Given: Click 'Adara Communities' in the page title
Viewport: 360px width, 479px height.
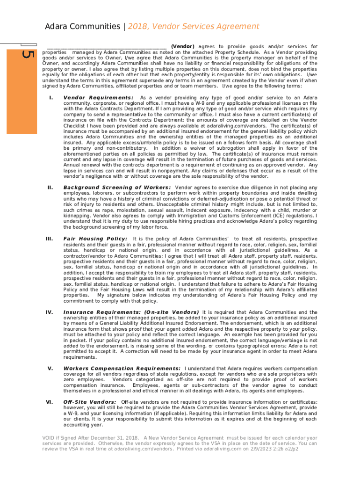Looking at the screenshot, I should [x=81, y=27].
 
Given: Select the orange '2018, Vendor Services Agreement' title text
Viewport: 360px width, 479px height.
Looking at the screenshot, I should [x=193, y=27].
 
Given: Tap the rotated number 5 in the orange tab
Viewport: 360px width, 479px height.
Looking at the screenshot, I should [x=28, y=54].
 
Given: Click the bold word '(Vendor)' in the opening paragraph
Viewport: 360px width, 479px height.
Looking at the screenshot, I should [x=182, y=47].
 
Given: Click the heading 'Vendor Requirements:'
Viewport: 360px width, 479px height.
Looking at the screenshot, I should [x=98, y=98].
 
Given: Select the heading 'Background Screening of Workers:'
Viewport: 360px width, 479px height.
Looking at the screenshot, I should [x=117, y=188].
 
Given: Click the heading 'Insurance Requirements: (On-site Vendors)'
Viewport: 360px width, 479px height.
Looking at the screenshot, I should [x=131, y=312].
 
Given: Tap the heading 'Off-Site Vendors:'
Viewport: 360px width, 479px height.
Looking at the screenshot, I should [x=90, y=402].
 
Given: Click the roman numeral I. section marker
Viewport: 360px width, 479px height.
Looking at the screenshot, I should [x=50, y=98].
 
